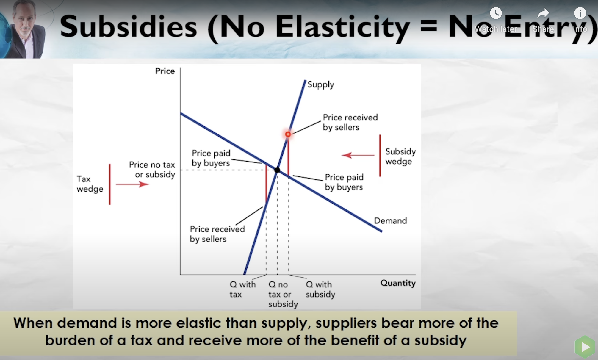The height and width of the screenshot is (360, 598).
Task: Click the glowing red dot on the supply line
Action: tap(288, 134)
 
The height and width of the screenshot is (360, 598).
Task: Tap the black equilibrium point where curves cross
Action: tap(277, 170)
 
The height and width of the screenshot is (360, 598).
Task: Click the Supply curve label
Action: tap(321, 85)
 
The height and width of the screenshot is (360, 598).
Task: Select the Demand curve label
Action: tap(390, 221)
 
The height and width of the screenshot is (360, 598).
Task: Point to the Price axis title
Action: tap(165, 71)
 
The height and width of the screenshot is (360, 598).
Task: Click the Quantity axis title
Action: tap(398, 283)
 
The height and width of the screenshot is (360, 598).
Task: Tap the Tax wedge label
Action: tap(90, 184)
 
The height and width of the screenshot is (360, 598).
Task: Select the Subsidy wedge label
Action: tap(400, 156)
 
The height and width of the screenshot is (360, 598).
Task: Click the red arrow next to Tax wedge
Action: tap(132, 184)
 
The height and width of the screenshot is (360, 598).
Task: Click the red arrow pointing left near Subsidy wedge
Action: tap(358, 155)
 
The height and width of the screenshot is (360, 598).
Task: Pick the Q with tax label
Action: tap(242, 289)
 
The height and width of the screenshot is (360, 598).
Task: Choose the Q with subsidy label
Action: tap(320, 289)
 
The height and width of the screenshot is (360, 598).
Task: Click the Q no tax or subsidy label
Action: tap(283, 294)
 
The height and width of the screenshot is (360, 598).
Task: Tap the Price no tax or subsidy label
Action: tap(152, 170)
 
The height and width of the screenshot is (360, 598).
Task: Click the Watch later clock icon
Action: tap(496, 13)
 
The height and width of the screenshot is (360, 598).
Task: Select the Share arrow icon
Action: tap(543, 13)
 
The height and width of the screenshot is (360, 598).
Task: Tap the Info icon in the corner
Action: tap(580, 13)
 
